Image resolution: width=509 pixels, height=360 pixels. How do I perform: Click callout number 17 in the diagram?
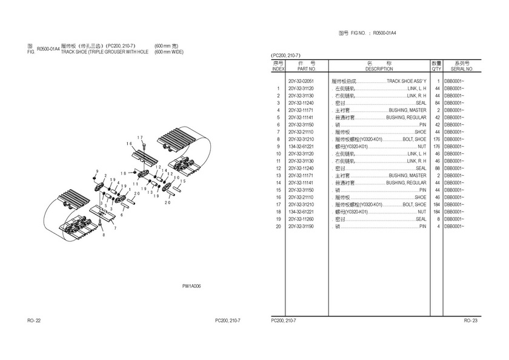click(140, 138)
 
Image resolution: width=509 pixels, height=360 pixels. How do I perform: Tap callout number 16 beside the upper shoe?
click(129, 144)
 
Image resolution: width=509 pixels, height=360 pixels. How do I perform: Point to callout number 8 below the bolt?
click(103, 235)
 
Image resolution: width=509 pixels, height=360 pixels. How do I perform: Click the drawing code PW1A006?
click(191, 286)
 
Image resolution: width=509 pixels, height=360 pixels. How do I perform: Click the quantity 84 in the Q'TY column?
click(436, 102)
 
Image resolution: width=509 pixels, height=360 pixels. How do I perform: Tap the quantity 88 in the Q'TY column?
click(436, 168)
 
